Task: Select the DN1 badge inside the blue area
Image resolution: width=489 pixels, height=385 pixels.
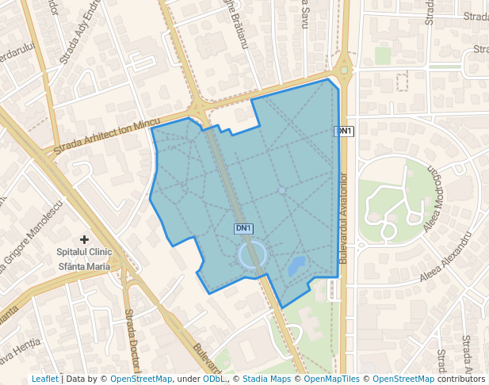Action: (x=243, y=228)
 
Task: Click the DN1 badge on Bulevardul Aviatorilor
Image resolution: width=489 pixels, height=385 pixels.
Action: (x=344, y=132)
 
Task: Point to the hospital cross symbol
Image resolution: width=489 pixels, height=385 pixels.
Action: (x=84, y=238)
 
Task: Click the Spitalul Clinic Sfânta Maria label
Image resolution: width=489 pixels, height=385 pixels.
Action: (x=83, y=259)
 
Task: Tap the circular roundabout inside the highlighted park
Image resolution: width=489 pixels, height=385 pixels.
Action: (x=251, y=254)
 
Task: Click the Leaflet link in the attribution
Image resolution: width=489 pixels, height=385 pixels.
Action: (x=44, y=379)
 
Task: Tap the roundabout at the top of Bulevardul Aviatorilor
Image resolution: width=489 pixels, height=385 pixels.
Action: (x=344, y=70)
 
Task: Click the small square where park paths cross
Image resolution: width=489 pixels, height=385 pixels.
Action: (x=281, y=190)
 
